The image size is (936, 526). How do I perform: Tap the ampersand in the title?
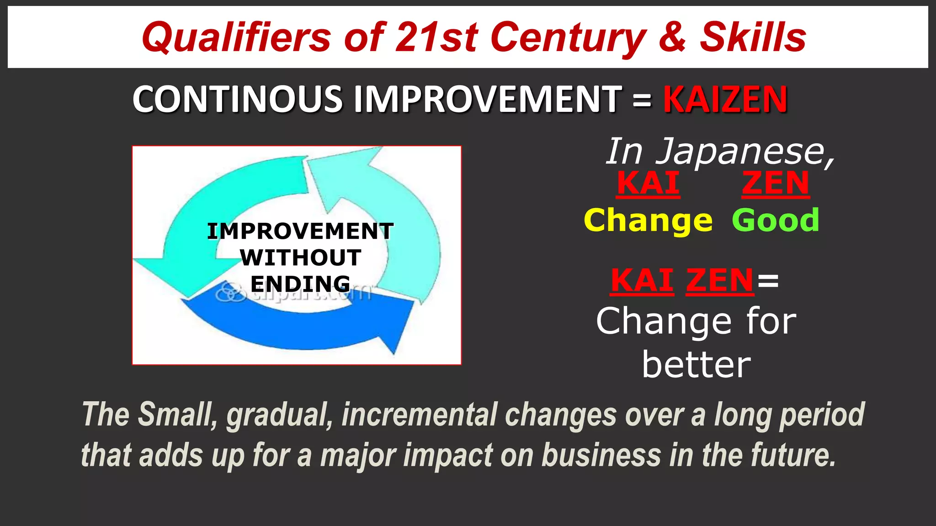pos(672,37)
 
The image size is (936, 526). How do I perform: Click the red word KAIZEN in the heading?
pos(725,99)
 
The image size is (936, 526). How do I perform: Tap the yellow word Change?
pos(648,221)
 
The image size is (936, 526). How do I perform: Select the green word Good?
pos(776,221)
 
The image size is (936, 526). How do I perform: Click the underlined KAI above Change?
pos(648,184)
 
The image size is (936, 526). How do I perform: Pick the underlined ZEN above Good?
pos(776,184)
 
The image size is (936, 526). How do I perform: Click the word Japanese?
pos(745,152)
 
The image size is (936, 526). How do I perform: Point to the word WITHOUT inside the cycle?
pos(300,258)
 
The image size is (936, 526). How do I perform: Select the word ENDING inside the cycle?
pos(300,284)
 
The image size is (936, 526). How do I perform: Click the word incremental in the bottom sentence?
pos(420,415)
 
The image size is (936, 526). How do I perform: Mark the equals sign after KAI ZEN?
pos(768,280)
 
